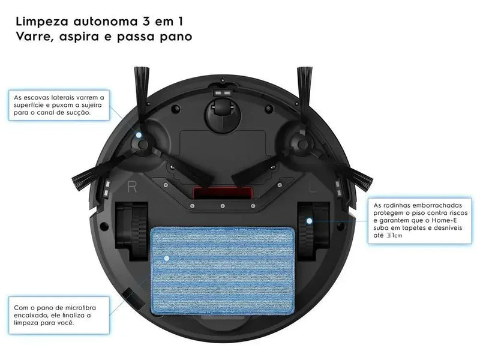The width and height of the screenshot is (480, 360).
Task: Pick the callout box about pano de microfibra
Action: pos(59,314)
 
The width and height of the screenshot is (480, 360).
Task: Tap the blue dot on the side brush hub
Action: pos(139,136)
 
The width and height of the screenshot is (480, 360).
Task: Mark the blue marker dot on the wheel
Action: pos(310,221)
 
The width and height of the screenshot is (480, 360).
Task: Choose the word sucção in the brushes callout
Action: pos(77,112)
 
